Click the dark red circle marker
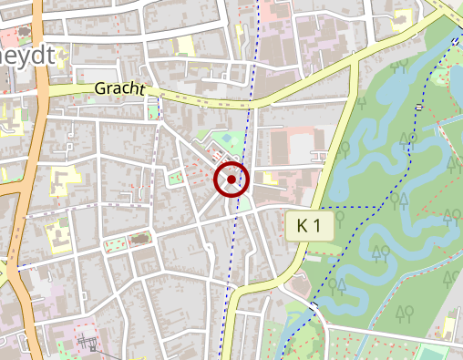pos(231,180)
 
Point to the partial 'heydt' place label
pos(27,57)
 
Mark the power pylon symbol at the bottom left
pos(89,344)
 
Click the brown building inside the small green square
pos(139,239)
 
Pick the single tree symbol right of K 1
pos(339,217)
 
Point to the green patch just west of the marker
pos(175,176)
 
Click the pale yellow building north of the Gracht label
pos(185,46)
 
